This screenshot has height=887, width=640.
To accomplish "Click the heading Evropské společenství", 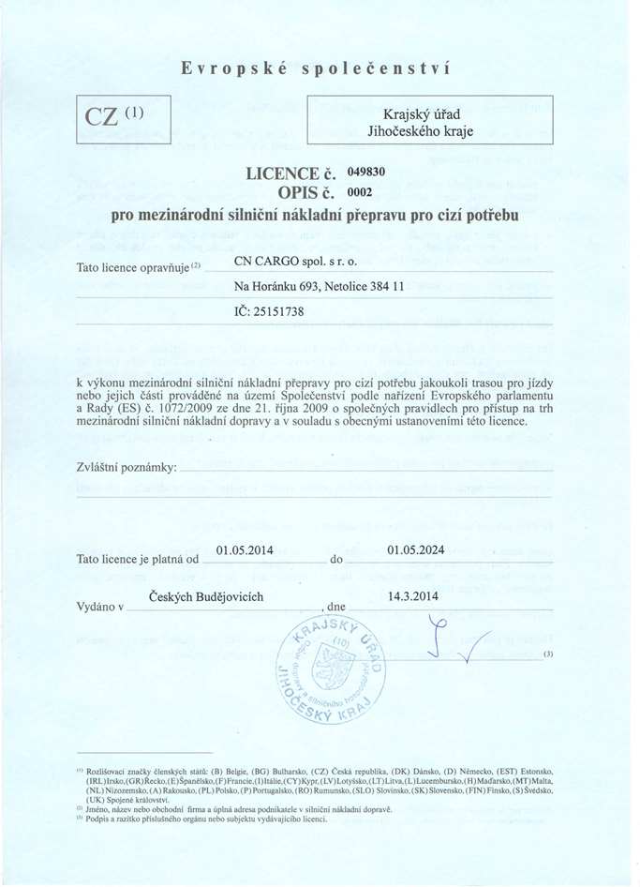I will (316, 68).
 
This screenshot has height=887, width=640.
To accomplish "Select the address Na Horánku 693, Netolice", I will (319, 286).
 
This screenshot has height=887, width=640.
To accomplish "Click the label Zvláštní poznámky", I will (127, 467).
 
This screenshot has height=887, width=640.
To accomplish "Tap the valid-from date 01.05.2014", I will (244, 550).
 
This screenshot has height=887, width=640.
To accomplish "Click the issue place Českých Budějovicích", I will (206, 597).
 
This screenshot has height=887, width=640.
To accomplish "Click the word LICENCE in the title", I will (283, 173).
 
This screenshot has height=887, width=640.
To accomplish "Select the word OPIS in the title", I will (292, 194).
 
